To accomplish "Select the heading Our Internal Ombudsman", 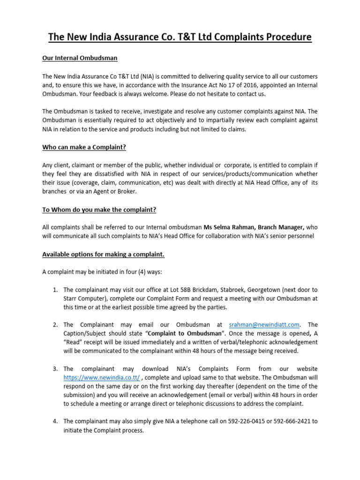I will click(80, 58).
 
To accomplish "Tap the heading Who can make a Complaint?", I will click(84, 147).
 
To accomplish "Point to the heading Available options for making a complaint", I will click(103, 254).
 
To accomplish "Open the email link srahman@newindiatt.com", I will click(264, 324).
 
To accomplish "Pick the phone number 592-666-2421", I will click(293, 421).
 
